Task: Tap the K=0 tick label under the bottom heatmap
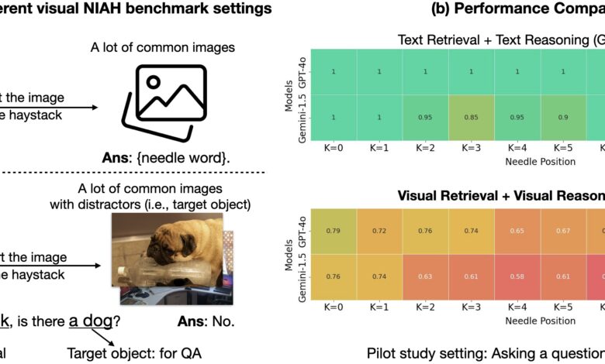(x=333, y=308)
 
